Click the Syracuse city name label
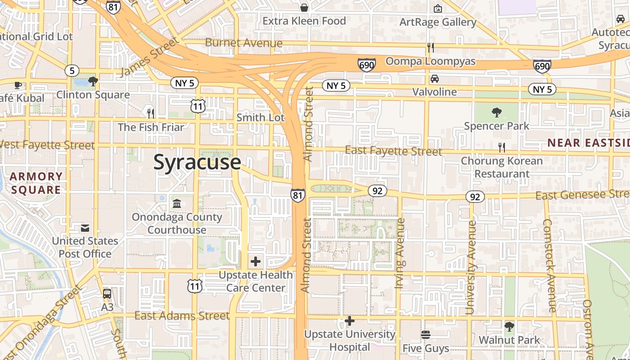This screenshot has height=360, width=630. [197, 162]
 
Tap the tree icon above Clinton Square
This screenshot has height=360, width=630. [93, 81]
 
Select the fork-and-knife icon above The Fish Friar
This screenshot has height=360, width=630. [151, 113]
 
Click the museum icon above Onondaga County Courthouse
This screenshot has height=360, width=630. [177, 203]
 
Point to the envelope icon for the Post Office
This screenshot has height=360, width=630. [85, 228]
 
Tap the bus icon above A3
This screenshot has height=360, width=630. [107, 294]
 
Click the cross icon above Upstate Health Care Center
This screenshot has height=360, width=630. [256, 261]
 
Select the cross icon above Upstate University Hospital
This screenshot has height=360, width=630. [350, 321]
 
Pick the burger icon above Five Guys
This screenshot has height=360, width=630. [426, 335]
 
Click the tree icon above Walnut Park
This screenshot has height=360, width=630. [509, 326]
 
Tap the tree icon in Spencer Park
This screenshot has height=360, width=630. [497, 112]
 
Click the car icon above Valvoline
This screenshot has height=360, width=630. [435, 79]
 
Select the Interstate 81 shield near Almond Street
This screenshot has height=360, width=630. [297, 195]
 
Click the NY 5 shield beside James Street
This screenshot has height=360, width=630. [185, 83]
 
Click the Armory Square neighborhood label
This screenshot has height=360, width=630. [36, 183]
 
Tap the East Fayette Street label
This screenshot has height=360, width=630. [393, 151]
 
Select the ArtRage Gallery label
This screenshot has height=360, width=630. [437, 22]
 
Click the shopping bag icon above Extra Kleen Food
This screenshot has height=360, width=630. [304, 7]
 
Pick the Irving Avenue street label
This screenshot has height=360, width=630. [400, 253]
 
